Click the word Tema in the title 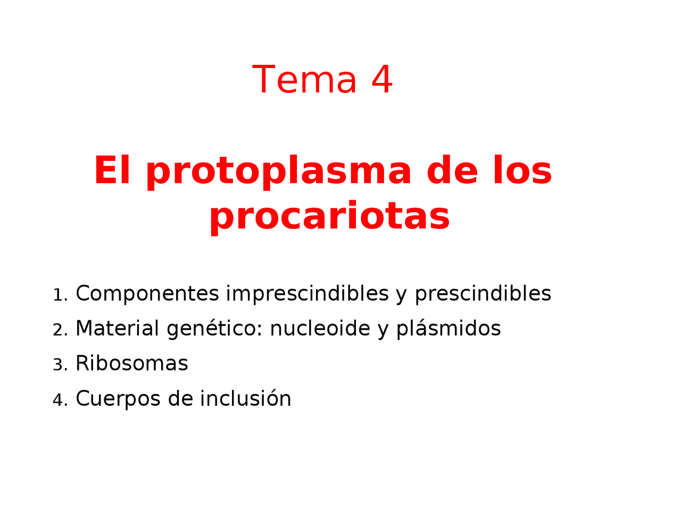pos(304,80)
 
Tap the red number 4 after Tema pos(381,80)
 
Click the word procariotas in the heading pos(329,217)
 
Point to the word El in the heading pos(112,171)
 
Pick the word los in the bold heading pos(522,171)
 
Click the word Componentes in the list pos(147,294)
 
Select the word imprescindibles pos(307,294)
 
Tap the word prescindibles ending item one pos(483,294)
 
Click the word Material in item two pos(117,329)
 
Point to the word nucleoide pos(320,329)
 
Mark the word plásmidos pos(448,329)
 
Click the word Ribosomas pos(132,364)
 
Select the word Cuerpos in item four pos(118,399)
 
